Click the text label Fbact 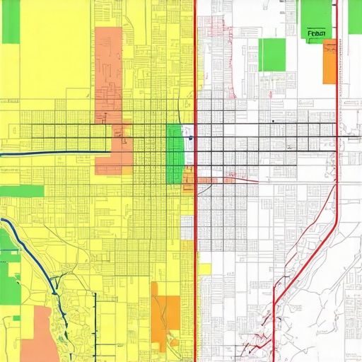click(317, 33)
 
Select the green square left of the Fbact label click(271, 54)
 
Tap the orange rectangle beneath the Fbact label click(329, 62)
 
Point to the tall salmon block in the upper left click(108, 71)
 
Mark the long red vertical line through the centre click(194, 212)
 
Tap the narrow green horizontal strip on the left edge click(21, 191)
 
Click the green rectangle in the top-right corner click(315, 14)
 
